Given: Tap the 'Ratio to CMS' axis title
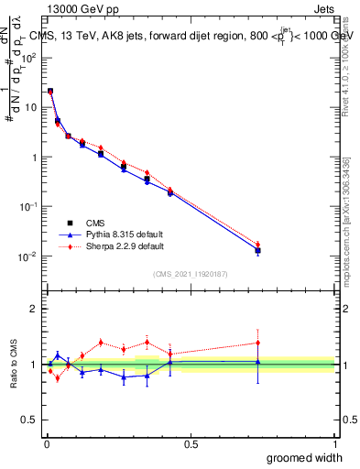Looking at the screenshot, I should [x=14, y=365].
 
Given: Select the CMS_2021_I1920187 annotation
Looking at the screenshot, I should [x=191, y=274].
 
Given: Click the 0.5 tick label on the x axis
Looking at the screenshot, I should [x=191, y=444].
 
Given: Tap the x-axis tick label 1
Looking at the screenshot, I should [x=334, y=444].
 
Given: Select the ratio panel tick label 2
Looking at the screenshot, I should [x=35, y=309].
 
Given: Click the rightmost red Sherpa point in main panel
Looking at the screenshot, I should [x=258, y=244].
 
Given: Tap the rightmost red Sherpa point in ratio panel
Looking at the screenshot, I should [x=258, y=343].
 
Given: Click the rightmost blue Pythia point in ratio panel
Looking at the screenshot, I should [x=258, y=362].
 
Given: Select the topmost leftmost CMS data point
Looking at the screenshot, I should [x=50, y=92].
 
